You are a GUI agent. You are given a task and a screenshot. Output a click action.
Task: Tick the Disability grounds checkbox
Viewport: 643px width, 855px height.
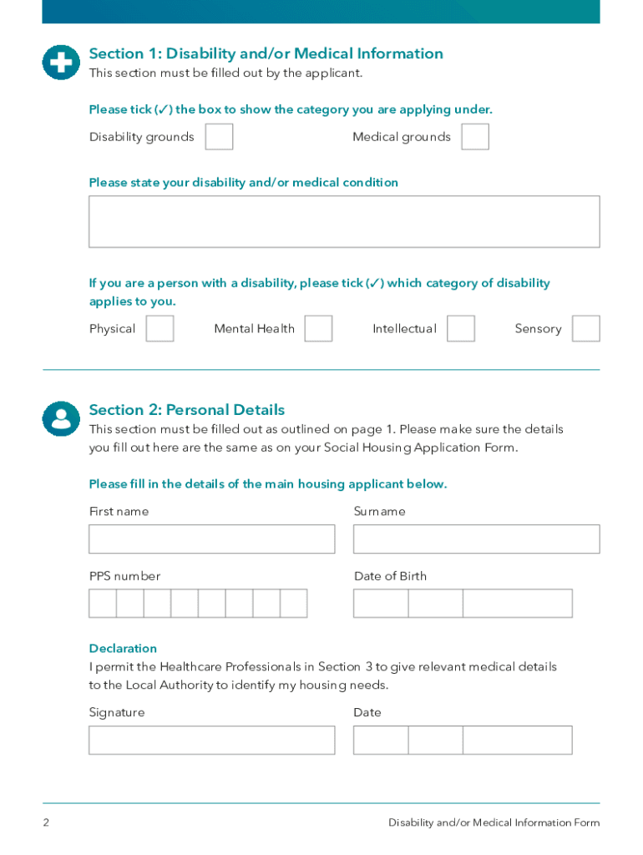pyautogui.click(x=219, y=137)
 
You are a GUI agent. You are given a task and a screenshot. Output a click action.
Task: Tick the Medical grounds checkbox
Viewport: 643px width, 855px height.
pyautogui.click(x=475, y=137)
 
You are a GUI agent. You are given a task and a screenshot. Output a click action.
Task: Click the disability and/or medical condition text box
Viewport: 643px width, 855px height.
pyautogui.click(x=344, y=221)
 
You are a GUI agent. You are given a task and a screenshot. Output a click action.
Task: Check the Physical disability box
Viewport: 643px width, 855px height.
pyautogui.click(x=159, y=328)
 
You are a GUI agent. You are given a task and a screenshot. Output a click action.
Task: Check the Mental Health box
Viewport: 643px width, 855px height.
pyautogui.click(x=318, y=328)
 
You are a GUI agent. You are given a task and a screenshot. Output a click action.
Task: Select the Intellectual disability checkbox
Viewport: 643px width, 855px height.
pyautogui.click(x=461, y=328)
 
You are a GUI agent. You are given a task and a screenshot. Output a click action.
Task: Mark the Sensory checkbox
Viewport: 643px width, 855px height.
pyautogui.click(x=585, y=328)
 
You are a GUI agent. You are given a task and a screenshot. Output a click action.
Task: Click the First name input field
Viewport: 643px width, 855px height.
pyautogui.click(x=212, y=539)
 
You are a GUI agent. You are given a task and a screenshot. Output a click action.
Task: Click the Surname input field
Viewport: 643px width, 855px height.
pyautogui.click(x=476, y=539)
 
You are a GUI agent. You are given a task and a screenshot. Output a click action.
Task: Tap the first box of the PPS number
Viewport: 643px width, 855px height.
pyautogui.click(x=103, y=603)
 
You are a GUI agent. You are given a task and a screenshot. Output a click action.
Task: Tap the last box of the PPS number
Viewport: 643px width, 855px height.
pyautogui.click(x=294, y=603)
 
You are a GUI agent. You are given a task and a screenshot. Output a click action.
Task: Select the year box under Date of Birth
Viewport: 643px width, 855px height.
pyautogui.click(x=518, y=603)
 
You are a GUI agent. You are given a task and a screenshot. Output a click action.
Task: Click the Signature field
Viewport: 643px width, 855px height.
pyautogui.click(x=212, y=740)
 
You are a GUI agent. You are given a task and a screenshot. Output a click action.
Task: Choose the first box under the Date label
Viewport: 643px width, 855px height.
pyautogui.click(x=381, y=740)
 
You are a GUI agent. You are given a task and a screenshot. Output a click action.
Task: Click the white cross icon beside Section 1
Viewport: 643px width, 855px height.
pyautogui.click(x=61, y=62)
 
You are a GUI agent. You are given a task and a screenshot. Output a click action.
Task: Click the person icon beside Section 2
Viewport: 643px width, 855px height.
pyautogui.click(x=61, y=417)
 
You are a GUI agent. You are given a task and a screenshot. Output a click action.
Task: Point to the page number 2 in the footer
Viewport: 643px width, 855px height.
pyautogui.click(x=46, y=822)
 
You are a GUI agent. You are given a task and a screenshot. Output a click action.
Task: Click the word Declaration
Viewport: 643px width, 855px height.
pyautogui.click(x=123, y=648)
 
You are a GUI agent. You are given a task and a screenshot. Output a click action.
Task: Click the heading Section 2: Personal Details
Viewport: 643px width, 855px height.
pyautogui.click(x=187, y=410)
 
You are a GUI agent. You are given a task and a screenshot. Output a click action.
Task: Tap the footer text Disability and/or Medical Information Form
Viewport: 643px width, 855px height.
pyautogui.click(x=494, y=822)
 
